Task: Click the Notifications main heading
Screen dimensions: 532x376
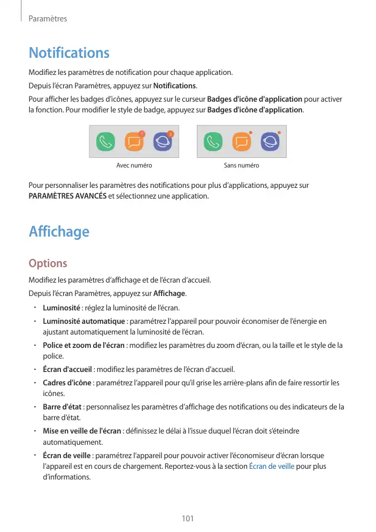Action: point(69,53)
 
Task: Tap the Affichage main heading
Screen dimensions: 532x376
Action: point(59,232)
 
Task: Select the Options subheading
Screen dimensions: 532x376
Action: point(48,263)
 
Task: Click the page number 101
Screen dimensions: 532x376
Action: point(188,519)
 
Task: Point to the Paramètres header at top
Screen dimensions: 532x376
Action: point(48,19)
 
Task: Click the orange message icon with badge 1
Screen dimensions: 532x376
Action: point(134,142)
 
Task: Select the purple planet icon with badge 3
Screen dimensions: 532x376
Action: point(163,142)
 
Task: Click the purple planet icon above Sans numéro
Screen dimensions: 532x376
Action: point(270,142)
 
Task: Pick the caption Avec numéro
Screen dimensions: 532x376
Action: point(134,165)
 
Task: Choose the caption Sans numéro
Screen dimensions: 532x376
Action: point(242,165)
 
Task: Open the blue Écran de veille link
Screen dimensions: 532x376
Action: point(272,466)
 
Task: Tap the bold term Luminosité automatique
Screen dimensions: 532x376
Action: point(83,321)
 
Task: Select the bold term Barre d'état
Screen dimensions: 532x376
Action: point(62,407)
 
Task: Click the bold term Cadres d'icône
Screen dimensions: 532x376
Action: point(67,383)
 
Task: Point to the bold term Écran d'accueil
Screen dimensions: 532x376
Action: point(68,369)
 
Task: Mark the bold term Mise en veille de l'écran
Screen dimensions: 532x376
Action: point(82,431)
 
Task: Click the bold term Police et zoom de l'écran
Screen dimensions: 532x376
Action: point(83,345)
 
